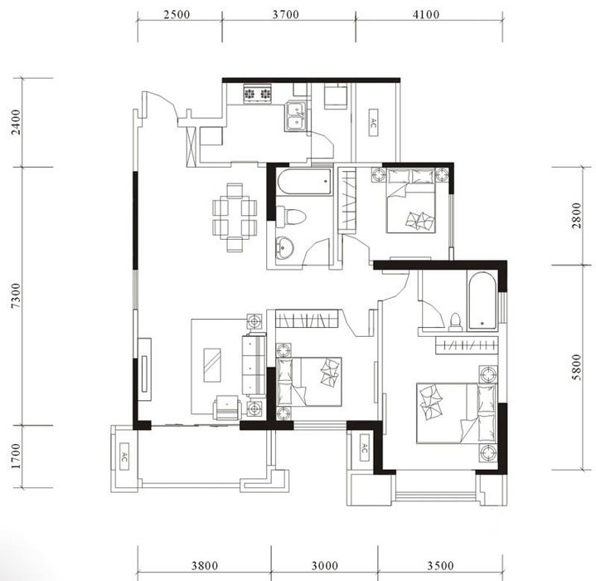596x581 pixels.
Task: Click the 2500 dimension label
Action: coord(177,15)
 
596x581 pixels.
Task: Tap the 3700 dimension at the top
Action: coord(286,15)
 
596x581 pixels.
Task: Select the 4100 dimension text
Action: coord(426,15)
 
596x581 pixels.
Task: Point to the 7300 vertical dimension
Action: coord(17,295)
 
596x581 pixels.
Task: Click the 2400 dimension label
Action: coord(17,122)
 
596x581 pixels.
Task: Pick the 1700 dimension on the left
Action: coord(17,456)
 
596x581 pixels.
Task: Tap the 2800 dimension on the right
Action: coord(577,215)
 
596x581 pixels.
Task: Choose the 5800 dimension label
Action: coord(577,367)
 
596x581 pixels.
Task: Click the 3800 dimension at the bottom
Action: coord(205,566)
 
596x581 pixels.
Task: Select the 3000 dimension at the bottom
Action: coord(325,566)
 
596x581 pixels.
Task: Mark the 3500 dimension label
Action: coord(440,566)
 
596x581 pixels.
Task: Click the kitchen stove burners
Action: coord(257,94)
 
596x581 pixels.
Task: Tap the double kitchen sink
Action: coord(296,115)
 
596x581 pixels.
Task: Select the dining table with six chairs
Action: coord(235,217)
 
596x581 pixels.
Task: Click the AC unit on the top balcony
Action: coord(373,122)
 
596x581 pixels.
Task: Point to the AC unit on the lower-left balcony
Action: coord(124,456)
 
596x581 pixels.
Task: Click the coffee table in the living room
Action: coord(212,365)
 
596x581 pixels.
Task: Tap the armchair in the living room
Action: coord(227,408)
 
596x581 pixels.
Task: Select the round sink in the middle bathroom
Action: coord(284,247)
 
